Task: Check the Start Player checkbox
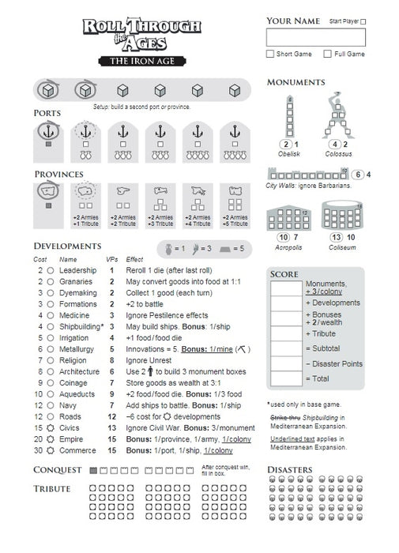pos(363,22)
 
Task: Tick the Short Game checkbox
pos(270,55)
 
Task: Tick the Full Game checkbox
pos(328,55)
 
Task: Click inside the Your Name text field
pos(316,37)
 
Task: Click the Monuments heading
pos(296,82)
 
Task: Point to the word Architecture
pos(80,371)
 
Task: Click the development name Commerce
pos(77,450)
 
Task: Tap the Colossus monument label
pos(339,154)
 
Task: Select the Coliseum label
pos(342,247)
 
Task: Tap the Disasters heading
pos(296,470)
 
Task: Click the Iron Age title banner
pos(143,60)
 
